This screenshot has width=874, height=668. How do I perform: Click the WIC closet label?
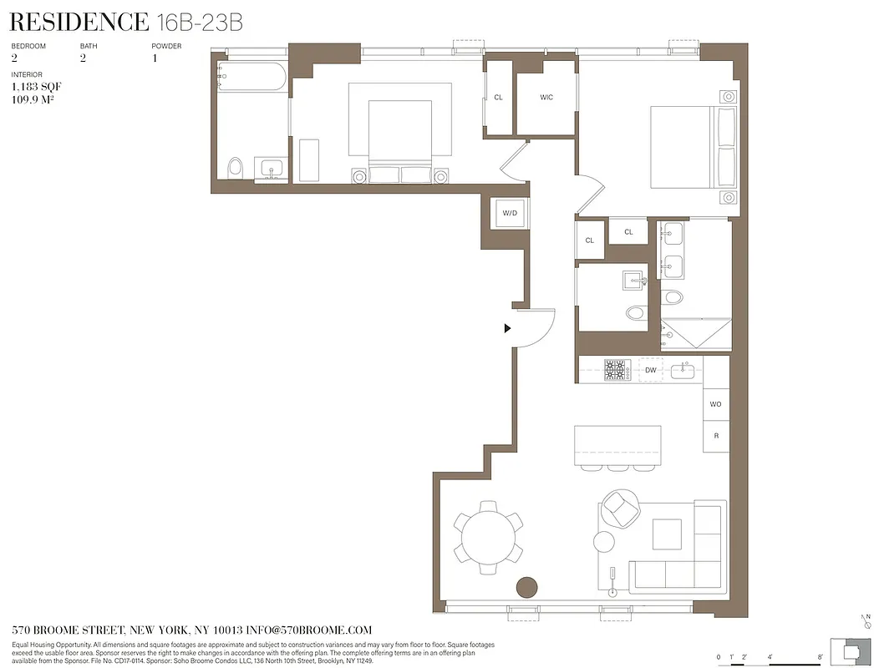click(x=546, y=98)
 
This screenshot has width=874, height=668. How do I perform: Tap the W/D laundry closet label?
click(x=510, y=213)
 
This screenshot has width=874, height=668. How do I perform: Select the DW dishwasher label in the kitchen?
click(x=650, y=370)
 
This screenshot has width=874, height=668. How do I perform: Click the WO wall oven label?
click(x=715, y=404)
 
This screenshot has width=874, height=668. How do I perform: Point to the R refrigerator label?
click(x=716, y=436)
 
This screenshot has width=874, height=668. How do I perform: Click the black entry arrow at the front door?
click(x=507, y=328)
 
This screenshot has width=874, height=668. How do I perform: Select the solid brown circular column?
click(x=526, y=587)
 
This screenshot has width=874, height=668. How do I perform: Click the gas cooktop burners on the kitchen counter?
click(x=617, y=370)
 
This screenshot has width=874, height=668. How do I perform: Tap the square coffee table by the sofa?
click(x=667, y=534)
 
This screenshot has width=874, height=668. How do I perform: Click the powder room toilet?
click(x=636, y=313)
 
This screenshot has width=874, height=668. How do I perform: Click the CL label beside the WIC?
click(x=499, y=98)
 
